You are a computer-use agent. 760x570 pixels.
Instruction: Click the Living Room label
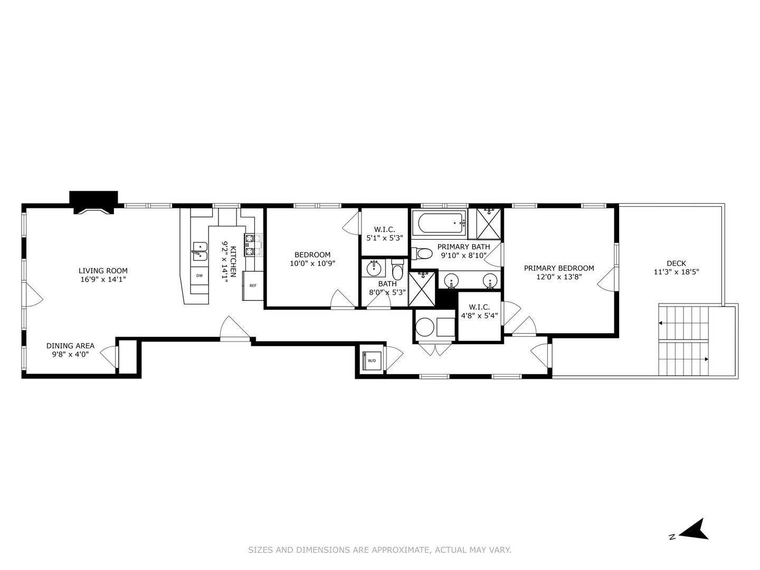click(103, 271)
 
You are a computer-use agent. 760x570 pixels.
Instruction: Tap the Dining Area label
click(70, 346)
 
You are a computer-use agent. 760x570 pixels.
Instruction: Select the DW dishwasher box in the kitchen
click(199, 275)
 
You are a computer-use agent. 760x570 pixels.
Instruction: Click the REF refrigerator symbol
click(253, 286)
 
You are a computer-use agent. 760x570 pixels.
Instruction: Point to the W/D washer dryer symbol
click(372, 360)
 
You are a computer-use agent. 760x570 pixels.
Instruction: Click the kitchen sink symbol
click(199, 251)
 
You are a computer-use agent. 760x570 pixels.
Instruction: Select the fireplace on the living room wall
click(93, 203)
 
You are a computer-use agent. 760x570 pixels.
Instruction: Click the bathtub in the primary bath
click(439, 223)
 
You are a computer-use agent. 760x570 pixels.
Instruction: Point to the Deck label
click(676, 263)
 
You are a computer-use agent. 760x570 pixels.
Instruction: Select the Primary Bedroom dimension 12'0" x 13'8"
click(559, 276)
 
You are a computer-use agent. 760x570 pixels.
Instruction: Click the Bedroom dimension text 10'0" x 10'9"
click(312, 263)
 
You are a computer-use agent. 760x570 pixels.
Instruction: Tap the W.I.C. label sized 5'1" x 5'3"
click(385, 237)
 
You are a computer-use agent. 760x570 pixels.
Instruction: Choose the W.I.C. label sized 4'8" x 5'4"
click(479, 316)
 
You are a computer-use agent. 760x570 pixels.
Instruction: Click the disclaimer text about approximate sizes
click(379, 550)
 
